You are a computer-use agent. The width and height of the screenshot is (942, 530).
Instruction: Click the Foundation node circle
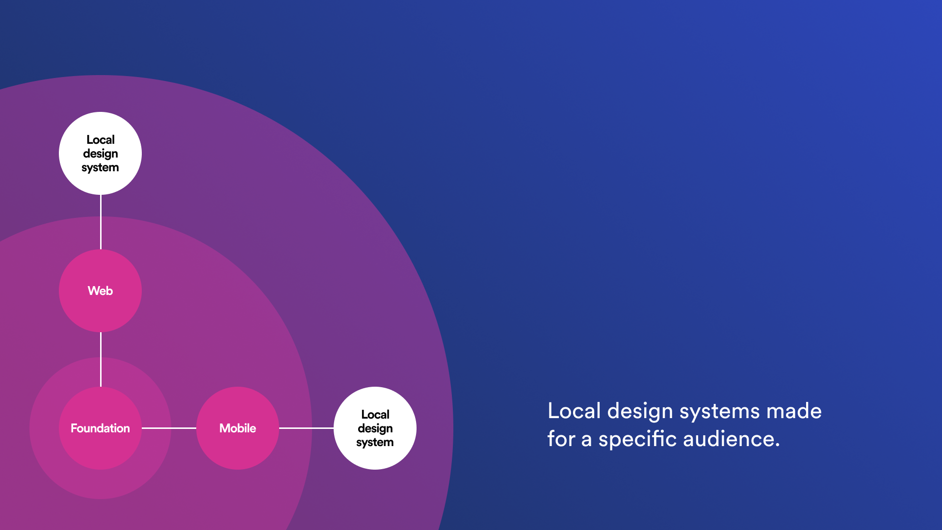pos(100,428)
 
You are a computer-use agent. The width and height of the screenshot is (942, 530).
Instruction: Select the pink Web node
pos(100,291)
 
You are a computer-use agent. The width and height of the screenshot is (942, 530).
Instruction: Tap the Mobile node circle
pos(237,428)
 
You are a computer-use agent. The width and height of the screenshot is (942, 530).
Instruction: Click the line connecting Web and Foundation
pos(101,359)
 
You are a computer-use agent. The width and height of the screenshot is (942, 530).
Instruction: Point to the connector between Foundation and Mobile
pos(169,428)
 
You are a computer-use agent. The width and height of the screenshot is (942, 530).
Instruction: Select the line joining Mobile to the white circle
pos(306,428)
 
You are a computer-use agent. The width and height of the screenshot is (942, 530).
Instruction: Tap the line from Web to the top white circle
pos(101,222)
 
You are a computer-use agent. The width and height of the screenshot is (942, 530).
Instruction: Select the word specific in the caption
pos(637,439)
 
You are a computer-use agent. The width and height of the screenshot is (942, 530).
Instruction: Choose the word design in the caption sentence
pos(640,411)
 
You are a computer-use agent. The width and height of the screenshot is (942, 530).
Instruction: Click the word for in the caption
pos(561,439)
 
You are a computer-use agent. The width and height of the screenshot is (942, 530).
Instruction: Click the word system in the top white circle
pos(100,168)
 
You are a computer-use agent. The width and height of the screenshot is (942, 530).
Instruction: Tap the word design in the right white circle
pos(375,428)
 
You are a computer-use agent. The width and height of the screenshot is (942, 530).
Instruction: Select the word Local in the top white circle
pos(100,140)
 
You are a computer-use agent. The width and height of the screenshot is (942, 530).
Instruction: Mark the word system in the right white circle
pos(375,443)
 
